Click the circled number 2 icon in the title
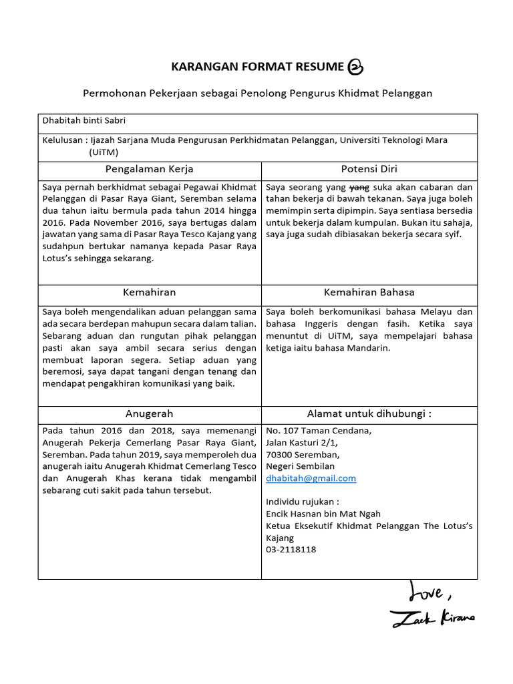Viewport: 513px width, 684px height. pyautogui.click(x=355, y=67)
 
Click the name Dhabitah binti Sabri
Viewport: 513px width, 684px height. pyautogui.click(x=83, y=121)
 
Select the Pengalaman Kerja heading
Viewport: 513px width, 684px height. pyautogui.click(x=149, y=169)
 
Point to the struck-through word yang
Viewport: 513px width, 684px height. pyautogui.click(x=360, y=187)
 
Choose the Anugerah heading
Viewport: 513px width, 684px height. pyautogui.click(x=149, y=413)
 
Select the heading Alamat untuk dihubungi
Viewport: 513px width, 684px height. pyautogui.click(x=369, y=413)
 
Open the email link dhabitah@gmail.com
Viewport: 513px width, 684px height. pyautogui.click(x=311, y=478)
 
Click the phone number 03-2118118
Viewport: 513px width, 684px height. pyautogui.click(x=291, y=550)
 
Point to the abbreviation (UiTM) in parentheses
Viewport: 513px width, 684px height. pyautogui.click(x=104, y=152)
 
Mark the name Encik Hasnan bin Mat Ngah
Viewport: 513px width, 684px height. pyautogui.click(x=323, y=514)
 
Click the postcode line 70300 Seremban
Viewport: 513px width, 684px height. pyautogui.click(x=299, y=454)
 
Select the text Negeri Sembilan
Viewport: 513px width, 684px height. pyautogui.click(x=301, y=466)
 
